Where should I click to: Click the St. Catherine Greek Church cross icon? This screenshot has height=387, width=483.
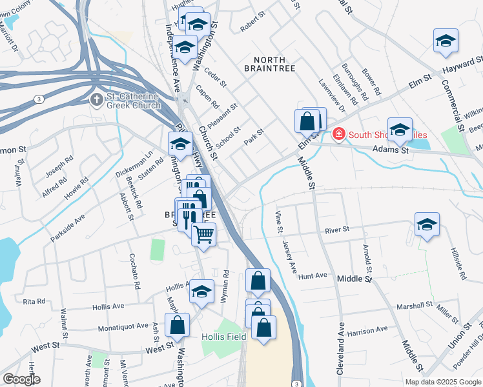[96, 100]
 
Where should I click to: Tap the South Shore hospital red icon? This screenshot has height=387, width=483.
[336, 135]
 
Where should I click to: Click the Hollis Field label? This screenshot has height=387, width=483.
[221, 337]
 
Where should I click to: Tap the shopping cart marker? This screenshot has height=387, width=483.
[203, 235]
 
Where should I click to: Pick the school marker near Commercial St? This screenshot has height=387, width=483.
[446, 42]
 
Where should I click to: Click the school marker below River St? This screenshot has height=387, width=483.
[427, 225]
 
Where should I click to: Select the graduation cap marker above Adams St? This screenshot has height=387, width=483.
[400, 130]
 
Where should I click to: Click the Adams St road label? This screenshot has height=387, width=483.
[396, 150]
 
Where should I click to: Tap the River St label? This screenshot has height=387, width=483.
[336, 230]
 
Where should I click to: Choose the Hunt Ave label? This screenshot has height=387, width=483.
[313, 275]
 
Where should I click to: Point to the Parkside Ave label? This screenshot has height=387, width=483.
[67, 229]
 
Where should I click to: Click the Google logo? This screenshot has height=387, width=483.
[21, 379]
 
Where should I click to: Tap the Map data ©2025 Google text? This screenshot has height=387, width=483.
[442, 382]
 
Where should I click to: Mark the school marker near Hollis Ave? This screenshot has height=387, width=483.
[201, 292]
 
